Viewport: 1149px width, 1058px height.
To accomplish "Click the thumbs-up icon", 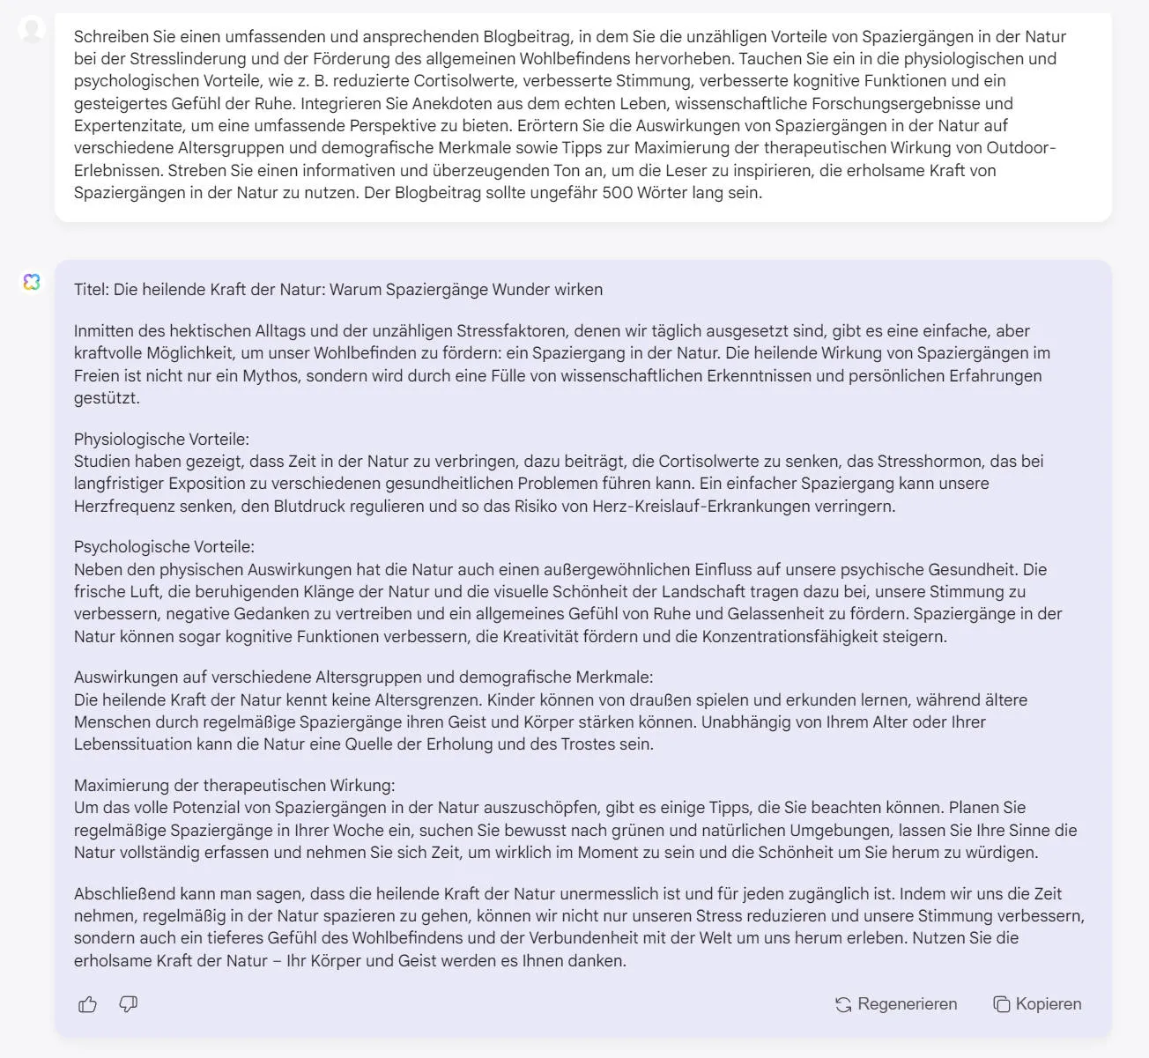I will coord(87,1004).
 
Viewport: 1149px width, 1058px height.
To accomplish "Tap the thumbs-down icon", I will coord(129,1004).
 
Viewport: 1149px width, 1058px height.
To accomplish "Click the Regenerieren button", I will coord(896,1004).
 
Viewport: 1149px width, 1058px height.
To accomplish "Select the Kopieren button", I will coord(1037,1004).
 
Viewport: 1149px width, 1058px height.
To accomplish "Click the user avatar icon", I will coord(32,30).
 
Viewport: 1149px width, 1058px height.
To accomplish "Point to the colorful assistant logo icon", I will coord(32,282).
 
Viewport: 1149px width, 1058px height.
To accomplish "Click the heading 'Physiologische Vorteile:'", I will coord(161,439).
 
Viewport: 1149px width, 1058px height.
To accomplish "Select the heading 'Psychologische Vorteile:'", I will coord(164,547).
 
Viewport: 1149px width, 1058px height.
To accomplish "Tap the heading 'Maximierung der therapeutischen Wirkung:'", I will coord(234,785).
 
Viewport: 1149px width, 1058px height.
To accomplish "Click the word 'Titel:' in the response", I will coord(92,290).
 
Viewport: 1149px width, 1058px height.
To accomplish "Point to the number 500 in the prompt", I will coord(618,192).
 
